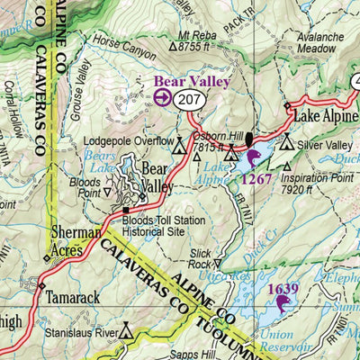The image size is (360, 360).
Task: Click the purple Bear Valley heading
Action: point(192,81)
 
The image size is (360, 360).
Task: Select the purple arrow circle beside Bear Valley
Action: point(163,98)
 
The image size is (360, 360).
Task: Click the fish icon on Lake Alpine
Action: point(253,159)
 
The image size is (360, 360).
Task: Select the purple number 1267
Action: point(254,178)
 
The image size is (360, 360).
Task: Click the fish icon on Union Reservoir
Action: point(283,304)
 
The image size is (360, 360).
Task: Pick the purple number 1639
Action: point(283,288)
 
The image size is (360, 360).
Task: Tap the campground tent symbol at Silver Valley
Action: point(286,142)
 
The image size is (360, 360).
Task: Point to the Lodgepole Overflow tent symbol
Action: point(179,142)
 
